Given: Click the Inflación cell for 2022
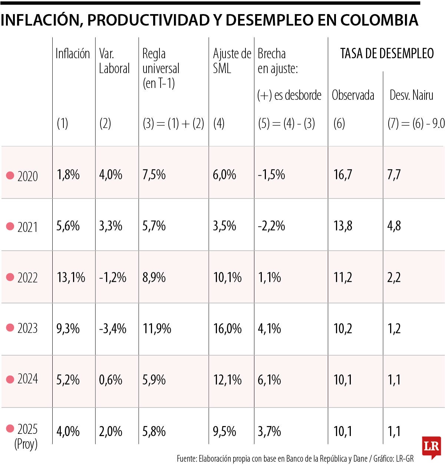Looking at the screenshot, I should [x=71, y=277].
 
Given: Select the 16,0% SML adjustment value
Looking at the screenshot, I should [x=227, y=329].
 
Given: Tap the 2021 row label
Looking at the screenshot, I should [x=27, y=227].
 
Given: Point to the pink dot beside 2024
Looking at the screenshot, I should [x=10, y=379].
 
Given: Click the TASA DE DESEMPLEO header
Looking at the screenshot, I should [x=387, y=54].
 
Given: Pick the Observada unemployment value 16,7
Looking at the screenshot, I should [x=343, y=174].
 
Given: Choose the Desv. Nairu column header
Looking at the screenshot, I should [x=411, y=95].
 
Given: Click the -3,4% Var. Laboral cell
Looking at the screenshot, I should [x=113, y=329].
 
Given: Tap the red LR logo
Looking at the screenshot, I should [x=431, y=446].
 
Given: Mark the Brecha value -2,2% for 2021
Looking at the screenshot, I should [x=271, y=226].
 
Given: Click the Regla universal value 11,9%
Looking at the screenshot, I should [x=157, y=329].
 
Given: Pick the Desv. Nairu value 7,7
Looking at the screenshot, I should [x=394, y=174].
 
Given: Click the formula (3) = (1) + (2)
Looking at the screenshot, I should [x=173, y=123].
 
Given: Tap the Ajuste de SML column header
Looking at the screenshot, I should [x=232, y=61].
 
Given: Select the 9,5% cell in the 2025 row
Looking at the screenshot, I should [x=224, y=431].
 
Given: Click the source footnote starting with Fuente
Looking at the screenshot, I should [x=295, y=459].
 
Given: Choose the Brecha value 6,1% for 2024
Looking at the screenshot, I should [x=269, y=380].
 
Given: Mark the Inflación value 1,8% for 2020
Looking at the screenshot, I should [x=68, y=174].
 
